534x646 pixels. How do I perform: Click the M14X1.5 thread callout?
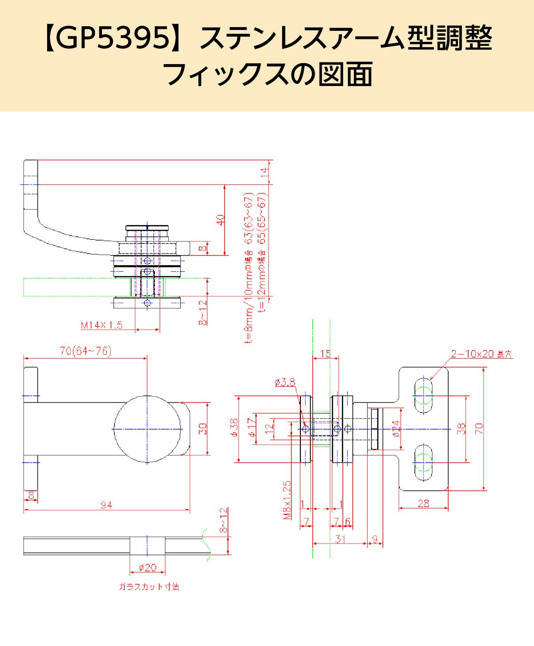click(x=101, y=325)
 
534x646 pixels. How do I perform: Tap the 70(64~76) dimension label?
click(x=85, y=351)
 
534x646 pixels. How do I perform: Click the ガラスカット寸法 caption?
click(x=149, y=587)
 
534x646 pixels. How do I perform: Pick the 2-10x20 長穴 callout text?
click(x=481, y=355)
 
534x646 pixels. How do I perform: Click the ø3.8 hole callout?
click(x=285, y=382)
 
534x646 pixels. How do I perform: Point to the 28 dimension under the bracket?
click(x=424, y=503)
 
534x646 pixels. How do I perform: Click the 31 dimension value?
click(x=340, y=539)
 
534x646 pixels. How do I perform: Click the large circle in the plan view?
click(x=148, y=429)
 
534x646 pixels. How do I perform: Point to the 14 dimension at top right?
click(x=265, y=172)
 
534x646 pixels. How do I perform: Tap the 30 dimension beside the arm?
click(x=202, y=429)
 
